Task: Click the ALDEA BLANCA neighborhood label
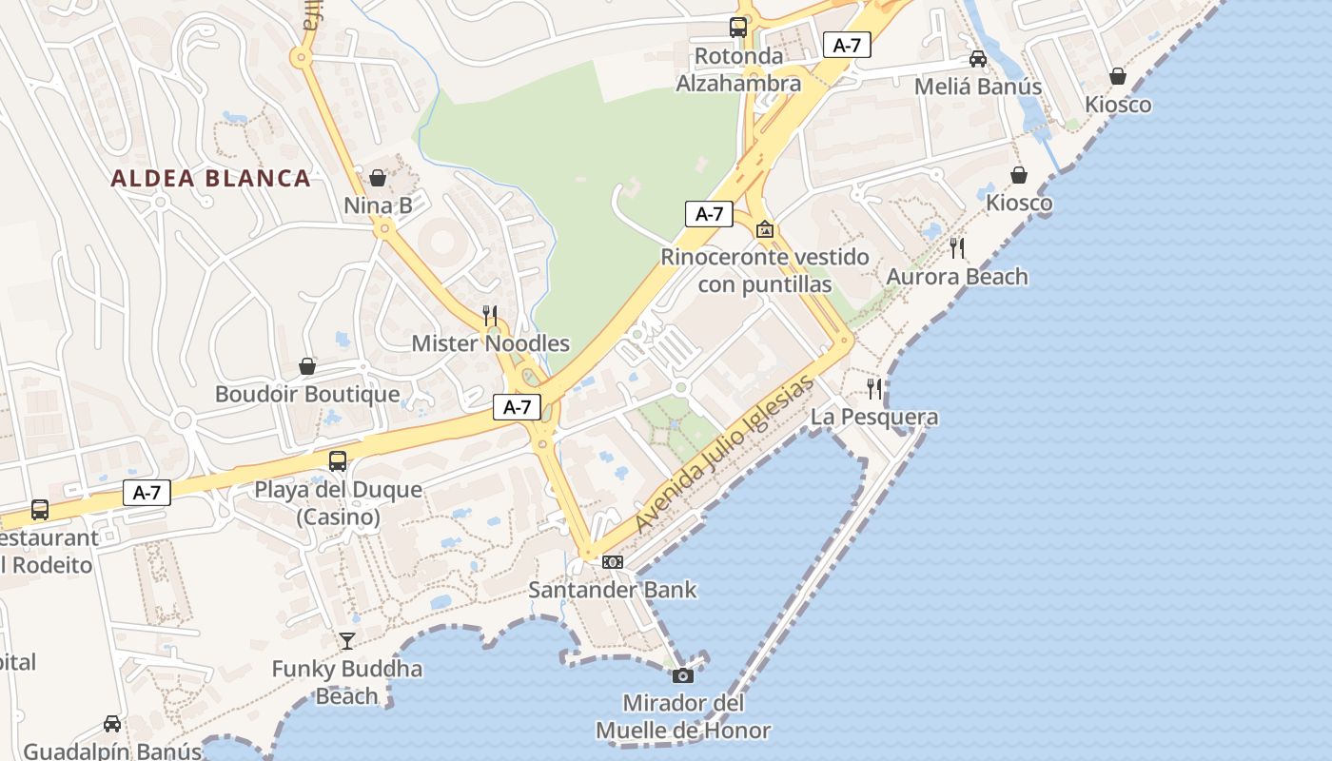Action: coord(210,178)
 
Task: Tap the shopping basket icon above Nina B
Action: coord(378,178)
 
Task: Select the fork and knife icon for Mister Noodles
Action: coord(490,315)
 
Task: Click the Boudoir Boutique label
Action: coord(307,394)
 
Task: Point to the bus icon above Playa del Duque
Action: coord(338,461)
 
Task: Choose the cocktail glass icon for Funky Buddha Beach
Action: coord(347,641)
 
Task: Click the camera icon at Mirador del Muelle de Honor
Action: coord(682,675)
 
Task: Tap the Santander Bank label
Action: coord(612,590)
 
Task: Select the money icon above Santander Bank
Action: coord(613,562)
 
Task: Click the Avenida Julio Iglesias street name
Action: coord(725,454)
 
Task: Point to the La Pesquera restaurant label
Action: coord(874,417)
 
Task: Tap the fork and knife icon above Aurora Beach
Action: coord(957,248)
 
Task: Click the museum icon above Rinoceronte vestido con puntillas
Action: coord(764,229)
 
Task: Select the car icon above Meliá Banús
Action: coord(977,59)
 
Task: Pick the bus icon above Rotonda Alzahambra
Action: coord(738,28)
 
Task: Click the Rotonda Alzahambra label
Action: coord(738,69)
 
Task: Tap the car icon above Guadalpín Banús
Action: coord(112,724)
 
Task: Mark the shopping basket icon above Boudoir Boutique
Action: coord(307,366)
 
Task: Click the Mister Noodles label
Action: coord(490,343)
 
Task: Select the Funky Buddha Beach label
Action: coord(347,682)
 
